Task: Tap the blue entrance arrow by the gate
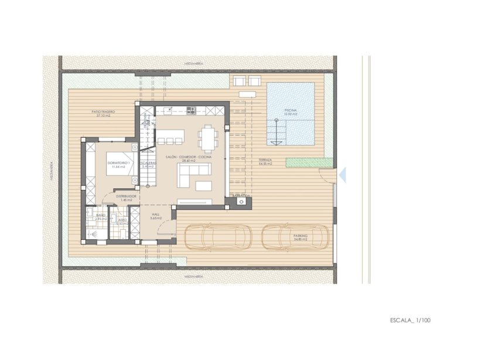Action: click(x=344, y=174)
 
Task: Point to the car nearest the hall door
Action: click(x=218, y=238)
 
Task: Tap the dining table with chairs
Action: click(x=208, y=138)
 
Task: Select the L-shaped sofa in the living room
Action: click(x=193, y=171)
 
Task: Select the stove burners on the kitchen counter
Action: click(x=190, y=110)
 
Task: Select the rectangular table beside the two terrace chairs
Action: click(x=246, y=93)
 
